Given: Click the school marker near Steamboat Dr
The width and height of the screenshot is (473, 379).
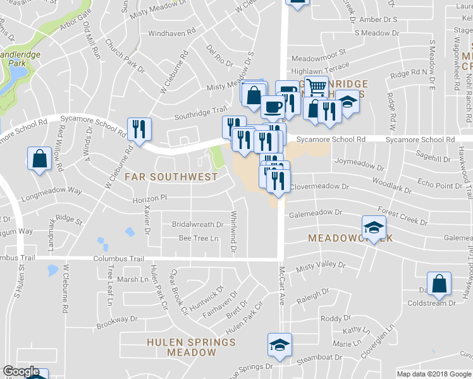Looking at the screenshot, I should pos(279,345).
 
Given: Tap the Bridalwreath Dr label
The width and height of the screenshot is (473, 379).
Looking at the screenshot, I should pos(198,224).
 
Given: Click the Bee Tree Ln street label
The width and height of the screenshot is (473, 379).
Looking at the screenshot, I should pos(198,238).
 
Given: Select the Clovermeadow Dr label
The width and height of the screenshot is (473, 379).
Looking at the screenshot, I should pos(319,187).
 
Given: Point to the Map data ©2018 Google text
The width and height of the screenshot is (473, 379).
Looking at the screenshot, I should pos(433,374).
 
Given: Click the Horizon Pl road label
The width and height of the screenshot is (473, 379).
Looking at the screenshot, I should pos(149,198).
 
